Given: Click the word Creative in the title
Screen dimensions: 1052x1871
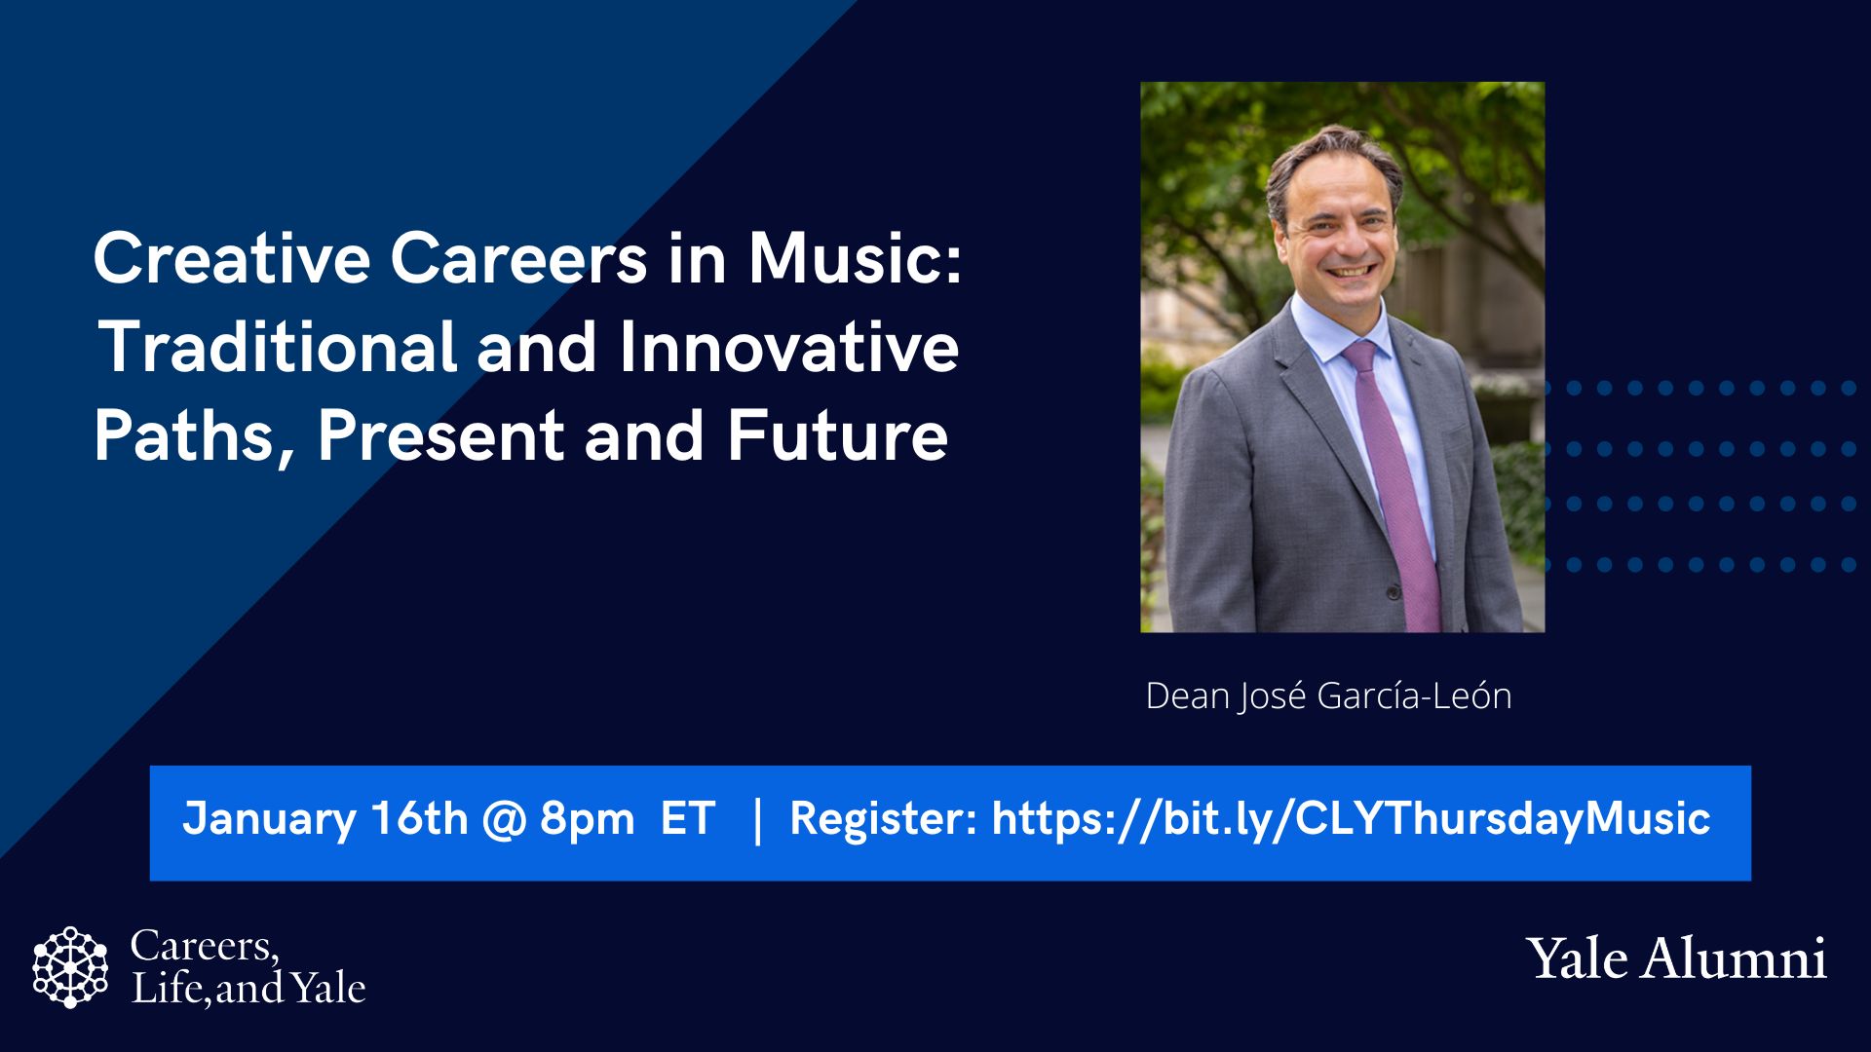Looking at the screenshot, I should click(232, 259).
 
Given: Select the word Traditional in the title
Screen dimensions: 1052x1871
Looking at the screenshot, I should click(277, 348).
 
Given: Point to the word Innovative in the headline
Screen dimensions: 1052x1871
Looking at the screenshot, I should click(788, 348).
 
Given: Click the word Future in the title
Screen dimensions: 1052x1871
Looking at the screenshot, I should click(837, 435).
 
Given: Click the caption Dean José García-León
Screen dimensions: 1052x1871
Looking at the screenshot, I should click(1328, 695).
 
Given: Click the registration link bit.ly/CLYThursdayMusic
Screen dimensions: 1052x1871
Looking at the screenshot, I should click(1351, 818).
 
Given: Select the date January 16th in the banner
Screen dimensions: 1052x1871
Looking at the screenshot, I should click(325, 818).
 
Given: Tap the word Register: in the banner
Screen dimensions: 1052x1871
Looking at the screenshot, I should click(883, 818).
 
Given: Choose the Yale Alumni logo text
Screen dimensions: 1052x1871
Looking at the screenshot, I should click(1676, 958).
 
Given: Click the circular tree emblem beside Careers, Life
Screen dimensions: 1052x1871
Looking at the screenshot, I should click(70, 967).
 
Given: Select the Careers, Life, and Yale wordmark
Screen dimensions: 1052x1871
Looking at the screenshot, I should click(248, 967).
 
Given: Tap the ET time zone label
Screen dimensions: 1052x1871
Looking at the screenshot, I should click(687, 818).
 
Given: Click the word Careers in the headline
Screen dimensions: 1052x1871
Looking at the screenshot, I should click(518, 259).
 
